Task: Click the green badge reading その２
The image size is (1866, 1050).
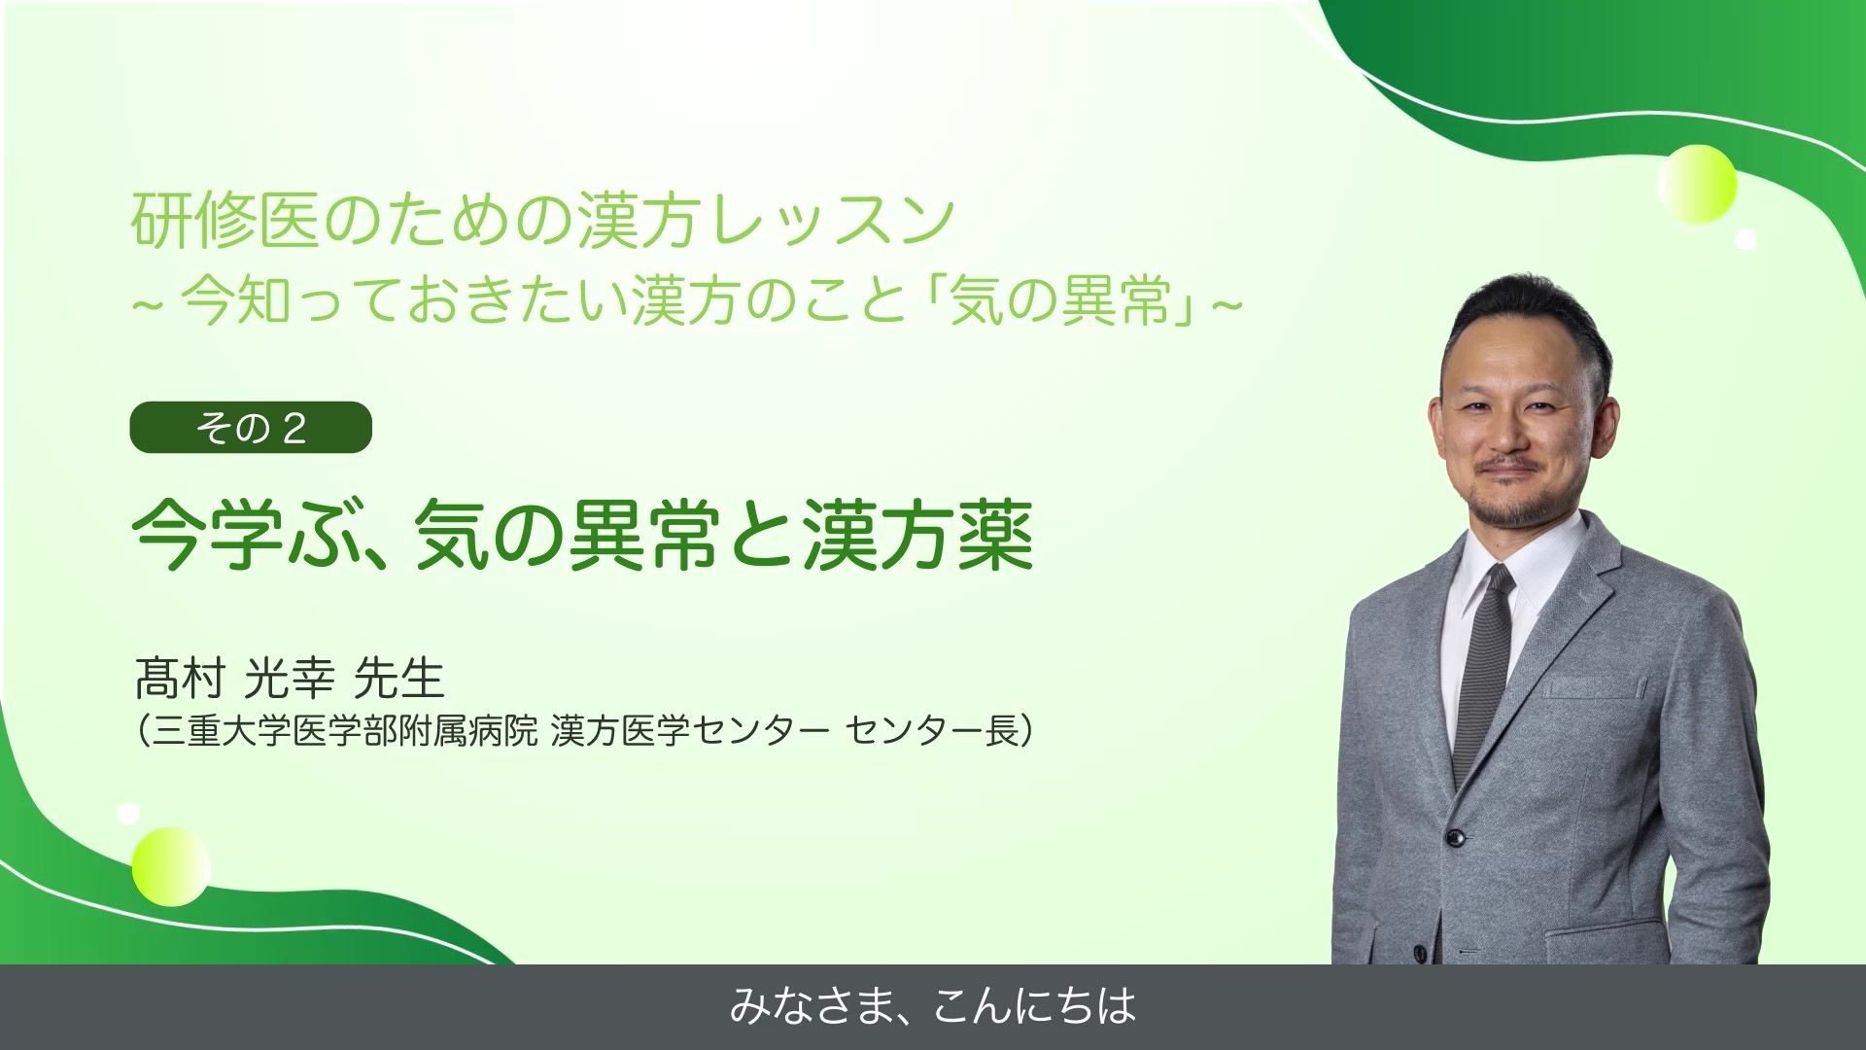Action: pos(251,428)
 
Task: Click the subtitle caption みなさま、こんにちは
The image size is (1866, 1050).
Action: pos(932,1007)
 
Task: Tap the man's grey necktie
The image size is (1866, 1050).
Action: pos(1488,661)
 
